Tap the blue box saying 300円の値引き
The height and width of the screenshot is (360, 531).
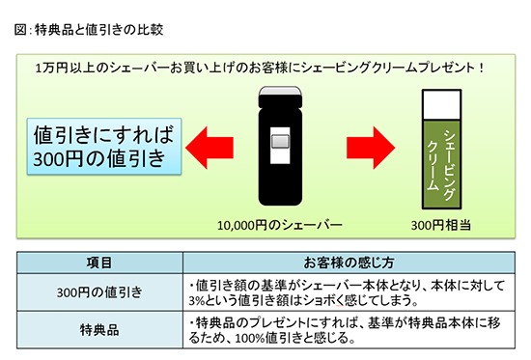pyautogui.click(x=101, y=144)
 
